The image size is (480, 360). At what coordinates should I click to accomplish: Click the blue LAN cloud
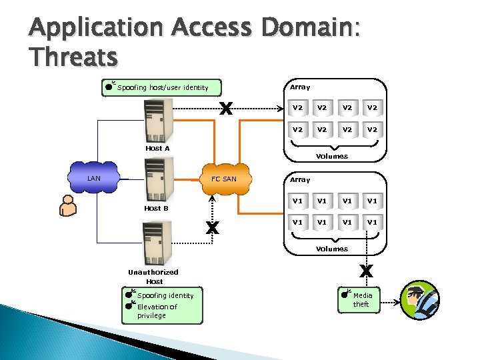[x=94, y=179]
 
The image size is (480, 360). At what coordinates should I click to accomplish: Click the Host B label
[x=157, y=208]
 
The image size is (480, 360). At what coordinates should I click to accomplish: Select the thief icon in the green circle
[x=419, y=301]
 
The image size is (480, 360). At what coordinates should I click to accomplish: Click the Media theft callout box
[x=363, y=299]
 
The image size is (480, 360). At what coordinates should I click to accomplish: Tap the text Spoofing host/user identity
[x=163, y=87]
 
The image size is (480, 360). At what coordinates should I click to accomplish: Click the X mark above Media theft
[x=366, y=271]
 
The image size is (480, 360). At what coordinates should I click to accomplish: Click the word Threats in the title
[x=73, y=57]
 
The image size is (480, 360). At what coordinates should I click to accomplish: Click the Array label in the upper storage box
[x=300, y=87]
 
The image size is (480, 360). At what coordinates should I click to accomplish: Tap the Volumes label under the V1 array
[x=331, y=249]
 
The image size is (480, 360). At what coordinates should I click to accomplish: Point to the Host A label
[x=157, y=148]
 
